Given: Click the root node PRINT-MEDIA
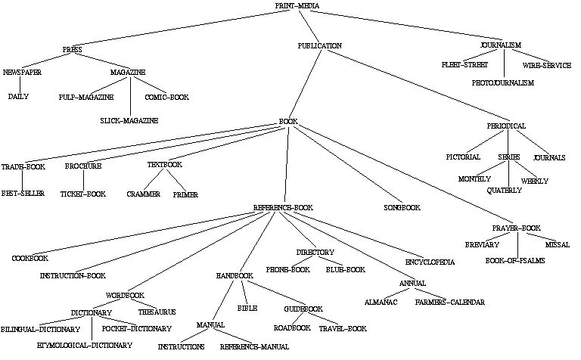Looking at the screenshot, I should (x=297, y=6).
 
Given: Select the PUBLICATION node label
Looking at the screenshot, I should (x=319, y=46).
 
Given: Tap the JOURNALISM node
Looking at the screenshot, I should (x=500, y=45).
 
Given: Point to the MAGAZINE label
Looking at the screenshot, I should (x=128, y=73).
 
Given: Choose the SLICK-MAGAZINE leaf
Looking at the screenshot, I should (x=129, y=121).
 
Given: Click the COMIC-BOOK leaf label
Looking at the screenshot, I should (x=167, y=98).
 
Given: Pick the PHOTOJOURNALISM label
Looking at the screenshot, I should (x=503, y=82).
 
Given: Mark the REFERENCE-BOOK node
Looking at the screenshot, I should (x=282, y=207).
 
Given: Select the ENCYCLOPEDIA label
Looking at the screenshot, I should (x=429, y=262).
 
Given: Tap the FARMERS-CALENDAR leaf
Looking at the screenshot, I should (x=449, y=302).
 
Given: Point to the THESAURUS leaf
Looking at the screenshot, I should (x=158, y=312).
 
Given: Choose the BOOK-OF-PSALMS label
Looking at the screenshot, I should (x=514, y=261).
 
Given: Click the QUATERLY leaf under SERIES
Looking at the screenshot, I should (x=504, y=191).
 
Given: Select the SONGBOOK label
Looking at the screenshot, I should (x=401, y=207).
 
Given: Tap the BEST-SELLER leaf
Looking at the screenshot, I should (x=22, y=194).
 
